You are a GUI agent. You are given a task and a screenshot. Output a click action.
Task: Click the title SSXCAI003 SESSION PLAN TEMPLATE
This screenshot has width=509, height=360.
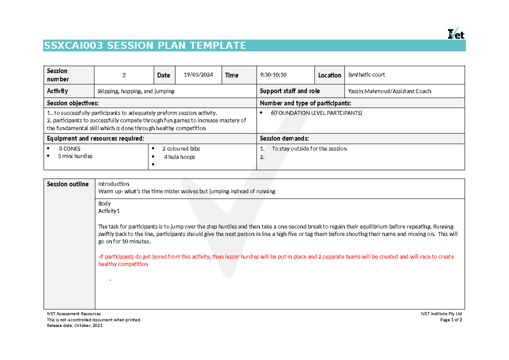tap(145, 46)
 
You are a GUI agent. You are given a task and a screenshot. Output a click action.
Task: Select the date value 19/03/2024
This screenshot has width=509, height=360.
tap(199, 75)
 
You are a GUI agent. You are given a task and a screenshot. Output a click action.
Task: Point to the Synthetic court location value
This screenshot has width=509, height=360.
tap(366, 75)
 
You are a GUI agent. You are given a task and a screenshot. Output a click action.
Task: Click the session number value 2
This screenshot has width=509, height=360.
tap(124, 75)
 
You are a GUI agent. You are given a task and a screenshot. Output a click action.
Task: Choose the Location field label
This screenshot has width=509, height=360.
tap(330, 75)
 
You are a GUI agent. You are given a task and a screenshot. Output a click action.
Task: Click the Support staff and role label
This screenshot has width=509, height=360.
tap(290, 91)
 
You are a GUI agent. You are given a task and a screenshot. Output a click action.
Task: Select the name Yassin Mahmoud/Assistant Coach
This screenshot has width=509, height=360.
tap(389, 91)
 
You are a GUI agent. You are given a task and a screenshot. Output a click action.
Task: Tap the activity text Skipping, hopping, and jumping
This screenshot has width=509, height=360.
tap(136, 91)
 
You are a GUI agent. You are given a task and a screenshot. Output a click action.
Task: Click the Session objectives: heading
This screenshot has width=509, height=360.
tap(73, 103)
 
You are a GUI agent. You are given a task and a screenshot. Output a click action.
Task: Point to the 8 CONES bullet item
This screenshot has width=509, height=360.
tap(70, 149)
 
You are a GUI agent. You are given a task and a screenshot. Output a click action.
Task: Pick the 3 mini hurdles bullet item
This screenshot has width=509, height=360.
tap(75, 156)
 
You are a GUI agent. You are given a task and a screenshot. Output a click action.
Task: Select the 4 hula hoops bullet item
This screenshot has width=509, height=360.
tap(179, 157)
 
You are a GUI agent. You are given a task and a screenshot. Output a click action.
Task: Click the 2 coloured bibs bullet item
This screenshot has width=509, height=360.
tap(181, 149)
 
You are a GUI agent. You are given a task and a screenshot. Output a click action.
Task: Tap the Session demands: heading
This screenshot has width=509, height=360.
tap(284, 139)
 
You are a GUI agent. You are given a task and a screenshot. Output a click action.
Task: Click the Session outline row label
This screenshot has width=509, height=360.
tap(68, 184)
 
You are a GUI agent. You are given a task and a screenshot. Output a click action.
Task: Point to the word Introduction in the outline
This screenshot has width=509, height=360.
tap(114, 184)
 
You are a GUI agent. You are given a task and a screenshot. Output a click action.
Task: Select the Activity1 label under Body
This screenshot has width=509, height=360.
tap(109, 211)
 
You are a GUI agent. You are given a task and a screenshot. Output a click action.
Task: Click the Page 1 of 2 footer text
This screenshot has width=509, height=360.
tap(451, 320)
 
